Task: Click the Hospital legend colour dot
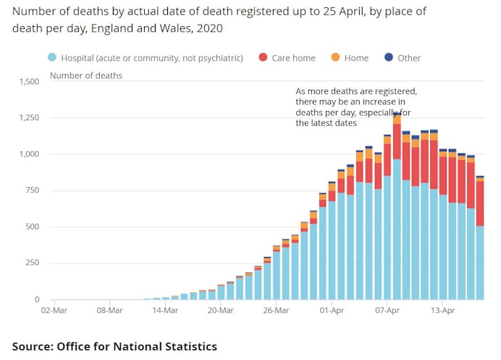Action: [52, 58]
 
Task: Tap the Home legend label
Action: [356, 58]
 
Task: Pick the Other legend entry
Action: [409, 58]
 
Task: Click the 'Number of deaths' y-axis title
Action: [85, 75]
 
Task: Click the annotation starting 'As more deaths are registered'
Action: [357, 108]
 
